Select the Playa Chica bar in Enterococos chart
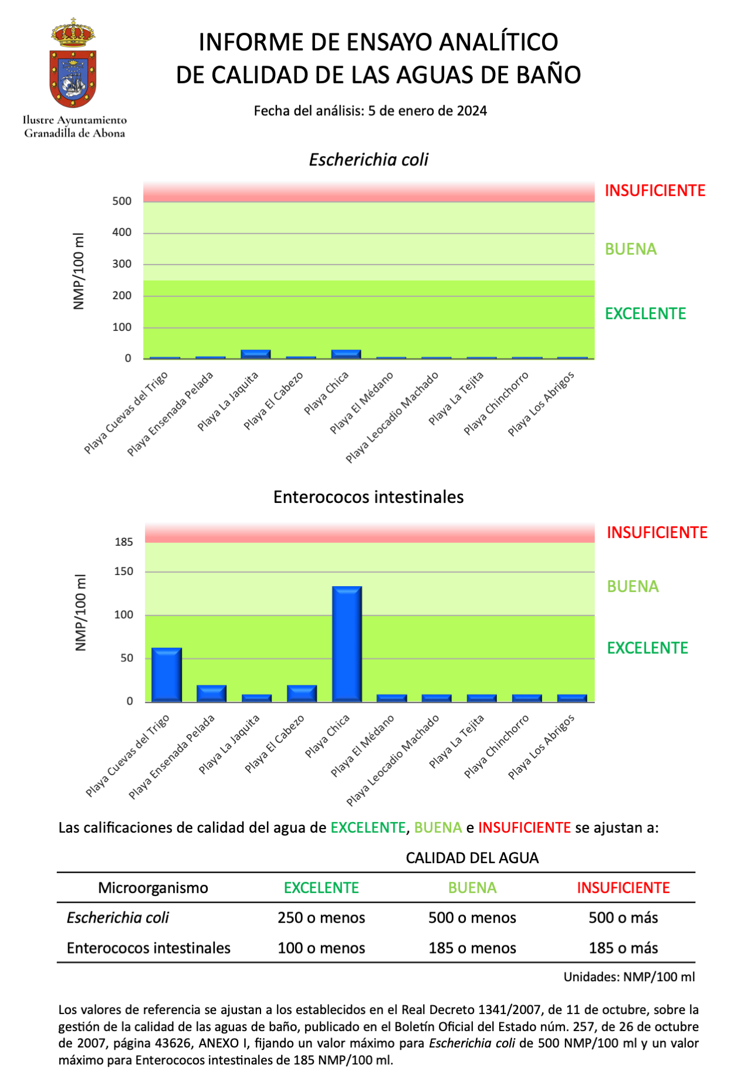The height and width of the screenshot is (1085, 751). [347, 644]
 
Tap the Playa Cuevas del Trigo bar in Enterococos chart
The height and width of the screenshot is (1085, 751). [167, 675]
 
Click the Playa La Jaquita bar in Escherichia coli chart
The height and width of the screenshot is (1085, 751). [256, 354]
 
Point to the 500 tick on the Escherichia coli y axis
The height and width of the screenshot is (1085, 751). [122, 201]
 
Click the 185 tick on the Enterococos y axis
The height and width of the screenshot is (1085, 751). [124, 542]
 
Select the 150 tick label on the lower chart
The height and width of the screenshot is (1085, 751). [124, 572]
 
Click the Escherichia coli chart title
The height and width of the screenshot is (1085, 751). [368, 160]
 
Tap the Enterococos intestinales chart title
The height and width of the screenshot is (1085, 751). [368, 497]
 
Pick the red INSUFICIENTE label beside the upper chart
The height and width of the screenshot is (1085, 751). [655, 191]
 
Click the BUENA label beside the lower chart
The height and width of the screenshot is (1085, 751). [632, 587]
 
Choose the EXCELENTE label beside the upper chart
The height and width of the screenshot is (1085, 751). [645, 314]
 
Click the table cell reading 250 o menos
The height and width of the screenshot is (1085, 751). [322, 918]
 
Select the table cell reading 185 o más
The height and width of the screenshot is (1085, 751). [623, 948]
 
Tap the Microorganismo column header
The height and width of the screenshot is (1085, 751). [153, 888]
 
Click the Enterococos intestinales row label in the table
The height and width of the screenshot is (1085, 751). [148, 948]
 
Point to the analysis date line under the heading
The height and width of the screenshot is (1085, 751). [370, 111]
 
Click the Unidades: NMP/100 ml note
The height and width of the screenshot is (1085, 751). [629, 977]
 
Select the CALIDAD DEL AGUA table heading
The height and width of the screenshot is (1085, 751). [472, 858]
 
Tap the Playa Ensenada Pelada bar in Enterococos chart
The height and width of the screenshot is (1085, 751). [212, 694]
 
